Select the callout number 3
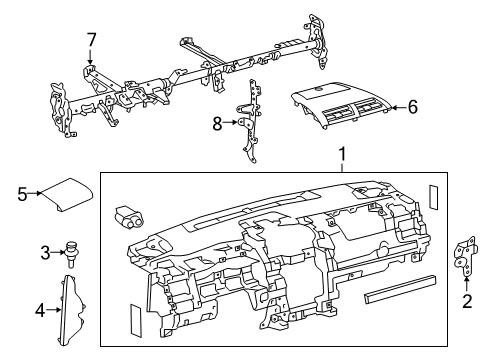click(45, 251)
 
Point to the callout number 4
click(41, 310)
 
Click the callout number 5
click(22, 194)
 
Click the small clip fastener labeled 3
click(72, 250)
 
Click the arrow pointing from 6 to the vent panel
click(396, 107)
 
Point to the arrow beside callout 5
click(35, 194)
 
